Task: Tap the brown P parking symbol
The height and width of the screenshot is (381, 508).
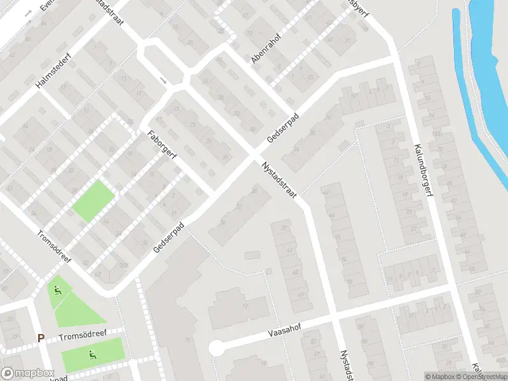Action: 41,338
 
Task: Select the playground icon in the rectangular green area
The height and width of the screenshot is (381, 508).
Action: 93,354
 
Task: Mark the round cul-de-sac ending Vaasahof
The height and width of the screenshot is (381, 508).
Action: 217,348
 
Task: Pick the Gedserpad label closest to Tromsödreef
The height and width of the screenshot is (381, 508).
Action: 168,237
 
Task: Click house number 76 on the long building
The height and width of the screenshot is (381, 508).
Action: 187,340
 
